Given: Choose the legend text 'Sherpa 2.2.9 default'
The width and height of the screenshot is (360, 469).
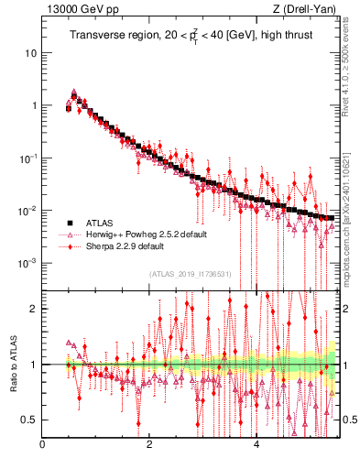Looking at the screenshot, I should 129,246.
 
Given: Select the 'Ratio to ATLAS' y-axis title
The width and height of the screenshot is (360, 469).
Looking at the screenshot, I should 13,364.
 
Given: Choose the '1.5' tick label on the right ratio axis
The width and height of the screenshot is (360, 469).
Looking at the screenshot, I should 348,336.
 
